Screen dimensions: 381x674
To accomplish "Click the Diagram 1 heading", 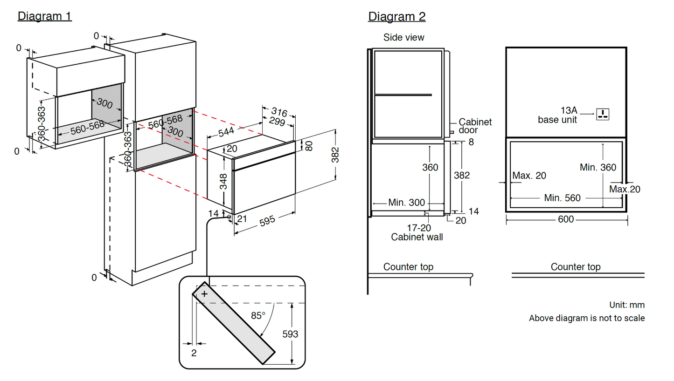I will coord(45,16).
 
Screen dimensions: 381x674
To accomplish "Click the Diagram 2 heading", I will coord(396,16).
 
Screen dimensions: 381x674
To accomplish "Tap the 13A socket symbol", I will coord(603,113).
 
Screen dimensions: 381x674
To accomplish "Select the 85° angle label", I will coord(258,315).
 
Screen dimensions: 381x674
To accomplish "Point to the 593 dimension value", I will coord(290,334).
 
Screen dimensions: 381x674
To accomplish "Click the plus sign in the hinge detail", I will coord(204,294).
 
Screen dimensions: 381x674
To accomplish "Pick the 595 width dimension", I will coord(267,220).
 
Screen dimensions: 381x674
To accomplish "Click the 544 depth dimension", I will coord(227,131).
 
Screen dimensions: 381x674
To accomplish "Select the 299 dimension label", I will coord(277,122).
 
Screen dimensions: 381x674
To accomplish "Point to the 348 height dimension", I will coord(223,182).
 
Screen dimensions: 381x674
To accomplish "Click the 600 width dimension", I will coord(566,219).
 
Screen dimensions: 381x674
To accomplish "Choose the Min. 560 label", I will coord(563,198).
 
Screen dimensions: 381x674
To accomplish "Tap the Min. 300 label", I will coord(406,203).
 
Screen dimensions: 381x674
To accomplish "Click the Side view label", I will coord(404,37).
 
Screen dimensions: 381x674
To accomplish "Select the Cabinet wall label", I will coord(417,237).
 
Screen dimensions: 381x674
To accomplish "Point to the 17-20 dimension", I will coord(419,228).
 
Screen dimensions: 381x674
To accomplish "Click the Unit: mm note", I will coord(627,305).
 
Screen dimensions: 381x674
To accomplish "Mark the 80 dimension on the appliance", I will coord(309,146).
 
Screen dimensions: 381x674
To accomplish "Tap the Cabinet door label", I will coord(475,126).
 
